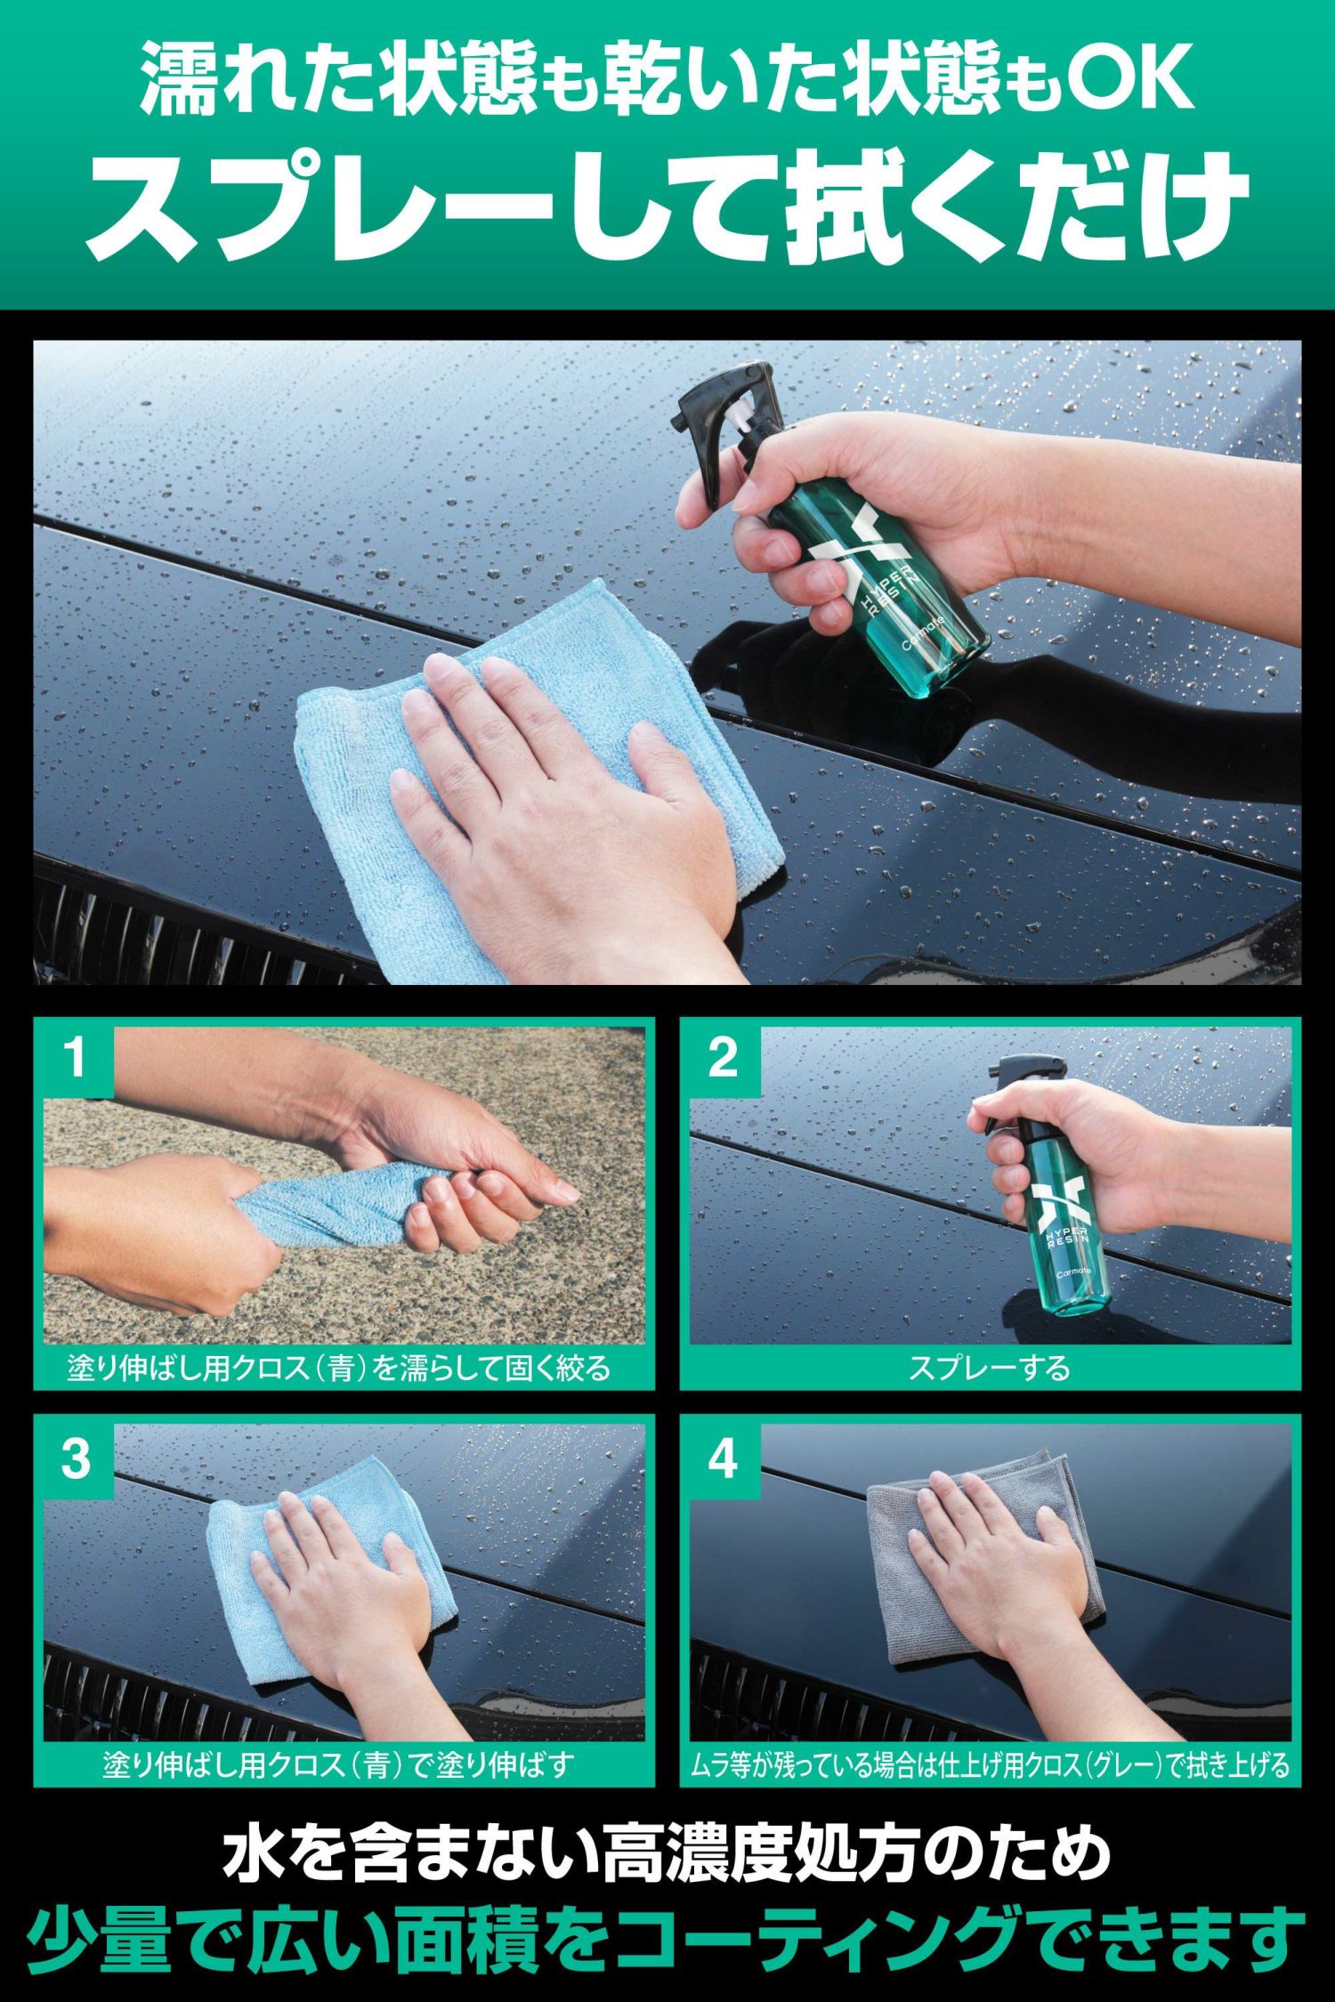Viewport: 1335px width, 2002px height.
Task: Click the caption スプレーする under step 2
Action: (x=989, y=1368)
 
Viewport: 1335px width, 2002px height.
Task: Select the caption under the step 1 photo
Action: (x=339, y=1368)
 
